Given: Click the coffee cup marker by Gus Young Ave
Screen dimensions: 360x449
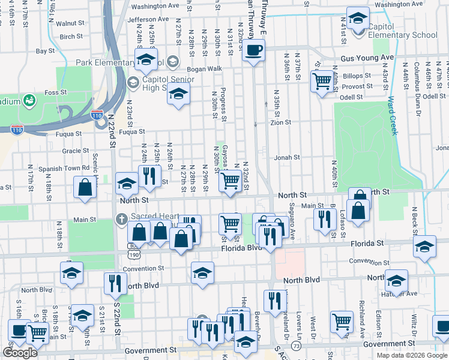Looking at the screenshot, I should point(253,50).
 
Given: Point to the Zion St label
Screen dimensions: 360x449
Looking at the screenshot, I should point(280,122).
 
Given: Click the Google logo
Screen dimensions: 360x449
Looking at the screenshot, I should point(20,353).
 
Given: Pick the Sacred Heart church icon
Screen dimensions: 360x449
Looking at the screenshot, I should point(121,219).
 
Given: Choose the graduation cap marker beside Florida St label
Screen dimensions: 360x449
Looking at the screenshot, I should point(424,247).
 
